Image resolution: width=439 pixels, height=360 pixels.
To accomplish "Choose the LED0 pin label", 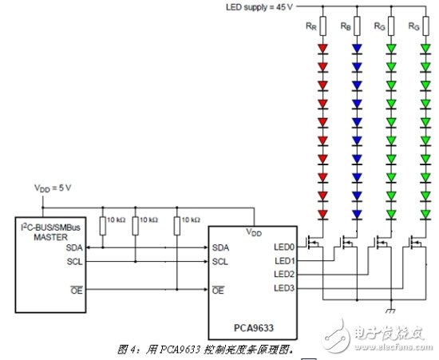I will pyautogui.click(x=283, y=247).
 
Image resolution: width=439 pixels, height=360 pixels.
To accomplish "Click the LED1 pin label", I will pyautogui.click(x=283, y=261).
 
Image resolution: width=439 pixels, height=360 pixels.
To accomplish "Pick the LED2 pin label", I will pyautogui.click(x=283, y=274).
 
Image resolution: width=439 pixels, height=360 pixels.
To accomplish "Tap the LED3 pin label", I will pyautogui.click(x=283, y=287).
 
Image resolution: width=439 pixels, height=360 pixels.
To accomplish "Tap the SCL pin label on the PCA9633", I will pyautogui.click(x=221, y=261).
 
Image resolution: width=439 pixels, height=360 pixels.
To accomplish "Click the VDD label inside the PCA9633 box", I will pyautogui.click(x=255, y=232).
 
